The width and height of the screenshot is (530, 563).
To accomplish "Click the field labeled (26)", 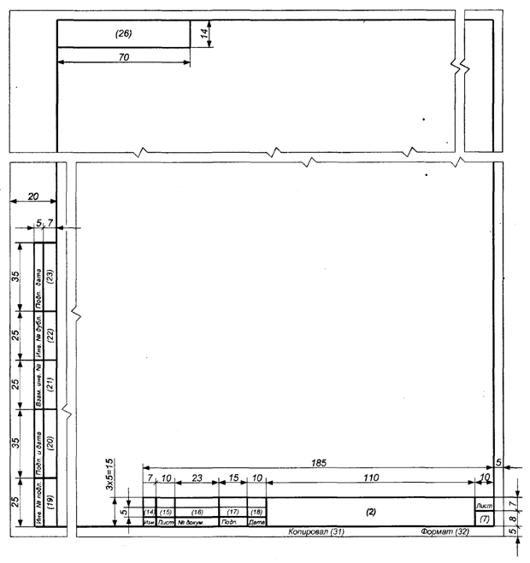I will tap(123, 33).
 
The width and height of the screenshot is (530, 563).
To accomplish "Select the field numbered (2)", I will tap(370, 511).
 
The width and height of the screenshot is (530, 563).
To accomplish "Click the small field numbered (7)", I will tap(484, 519).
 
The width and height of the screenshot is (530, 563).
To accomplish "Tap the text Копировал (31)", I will tap(315, 532).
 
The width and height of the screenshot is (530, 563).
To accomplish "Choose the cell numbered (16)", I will tap(197, 511).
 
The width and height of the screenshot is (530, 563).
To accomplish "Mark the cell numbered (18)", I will tap(256, 511).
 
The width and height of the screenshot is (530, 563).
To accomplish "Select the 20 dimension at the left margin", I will tap(32, 196).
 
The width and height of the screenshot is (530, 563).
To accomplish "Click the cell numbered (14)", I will tap(149, 511).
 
